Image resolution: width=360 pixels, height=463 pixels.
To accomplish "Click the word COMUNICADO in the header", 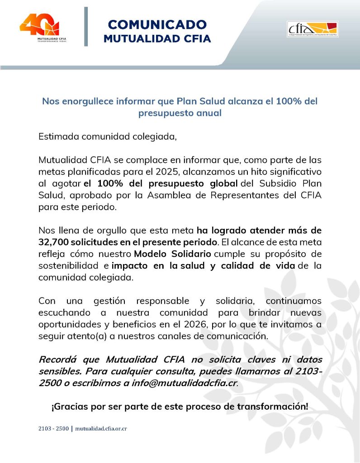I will click(x=157, y=24).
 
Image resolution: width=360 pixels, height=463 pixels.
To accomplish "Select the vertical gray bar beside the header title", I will click(x=86, y=26).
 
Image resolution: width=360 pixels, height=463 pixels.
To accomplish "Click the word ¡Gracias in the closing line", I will click(x=67, y=406).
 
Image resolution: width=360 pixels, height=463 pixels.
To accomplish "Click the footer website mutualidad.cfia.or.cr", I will click(x=100, y=428).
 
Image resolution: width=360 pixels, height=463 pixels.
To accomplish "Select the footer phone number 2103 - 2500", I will click(x=53, y=428).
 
